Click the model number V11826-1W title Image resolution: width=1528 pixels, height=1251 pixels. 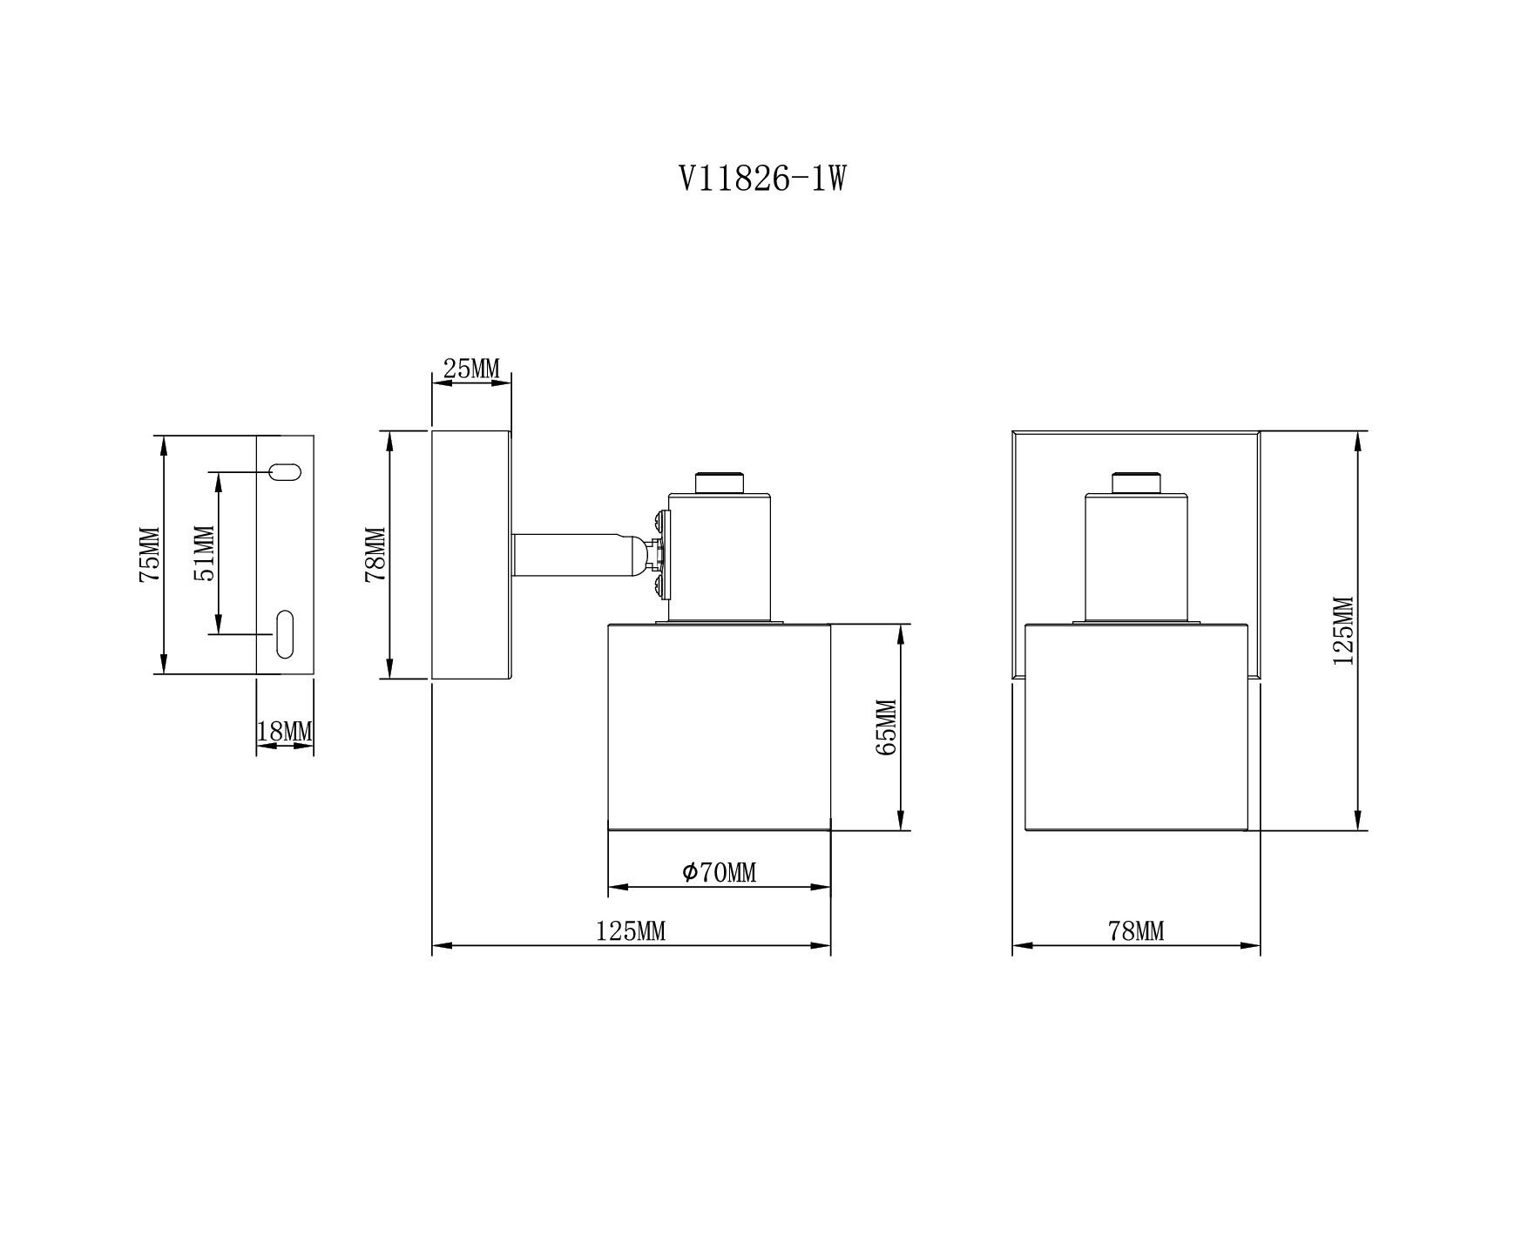pyautogui.click(x=762, y=179)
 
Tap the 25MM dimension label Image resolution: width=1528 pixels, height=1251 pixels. pyautogui.click(x=471, y=369)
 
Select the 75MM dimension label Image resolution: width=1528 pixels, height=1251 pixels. pyautogui.click(x=150, y=554)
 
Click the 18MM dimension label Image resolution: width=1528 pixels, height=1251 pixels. pyautogui.click(x=285, y=732)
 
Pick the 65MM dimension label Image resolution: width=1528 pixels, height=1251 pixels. pyautogui.click(x=886, y=727)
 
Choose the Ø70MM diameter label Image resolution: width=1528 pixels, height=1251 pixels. pyautogui.click(x=720, y=872)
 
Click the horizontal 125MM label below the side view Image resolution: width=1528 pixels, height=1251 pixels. pyautogui.click(x=631, y=931)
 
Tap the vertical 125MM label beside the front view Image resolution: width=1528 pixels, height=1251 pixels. pyautogui.click(x=1343, y=631)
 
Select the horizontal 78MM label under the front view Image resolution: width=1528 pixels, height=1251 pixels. pyautogui.click(x=1136, y=931)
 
